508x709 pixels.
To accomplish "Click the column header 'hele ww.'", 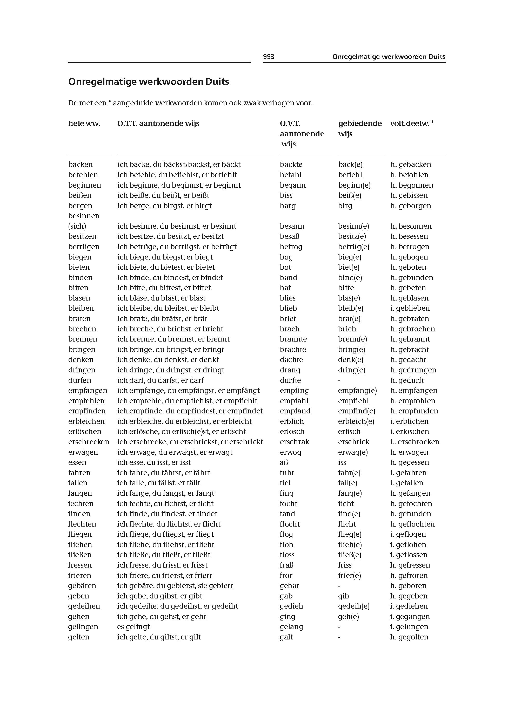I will (x=84, y=124).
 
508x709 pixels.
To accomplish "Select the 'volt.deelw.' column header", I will (x=410, y=124).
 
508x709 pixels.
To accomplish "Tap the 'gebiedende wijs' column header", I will (x=360, y=128).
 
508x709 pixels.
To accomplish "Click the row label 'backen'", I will (x=81, y=165).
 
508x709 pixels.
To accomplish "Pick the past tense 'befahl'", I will (x=291, y=175).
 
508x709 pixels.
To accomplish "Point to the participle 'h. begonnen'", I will (x=412, y=185).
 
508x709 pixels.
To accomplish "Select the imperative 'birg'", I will (x=345, y=206).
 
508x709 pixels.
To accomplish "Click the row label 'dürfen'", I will (x=80, y=380).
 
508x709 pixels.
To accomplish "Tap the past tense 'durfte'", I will (x=290, y=380).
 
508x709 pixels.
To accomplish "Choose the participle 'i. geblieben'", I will (x=410, y=308).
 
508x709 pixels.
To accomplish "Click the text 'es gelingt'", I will (x=133, y=627).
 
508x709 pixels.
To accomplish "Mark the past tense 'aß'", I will (x=284, y=462).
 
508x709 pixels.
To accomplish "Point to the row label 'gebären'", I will (x=82, y=585).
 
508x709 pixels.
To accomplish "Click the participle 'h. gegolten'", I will (x=409, y=637).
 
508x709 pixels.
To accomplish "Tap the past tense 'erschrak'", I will (x=294, y=442).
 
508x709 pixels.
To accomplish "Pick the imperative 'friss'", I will (x=345, y=565).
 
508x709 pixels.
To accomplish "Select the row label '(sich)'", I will (x=77, y=226).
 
